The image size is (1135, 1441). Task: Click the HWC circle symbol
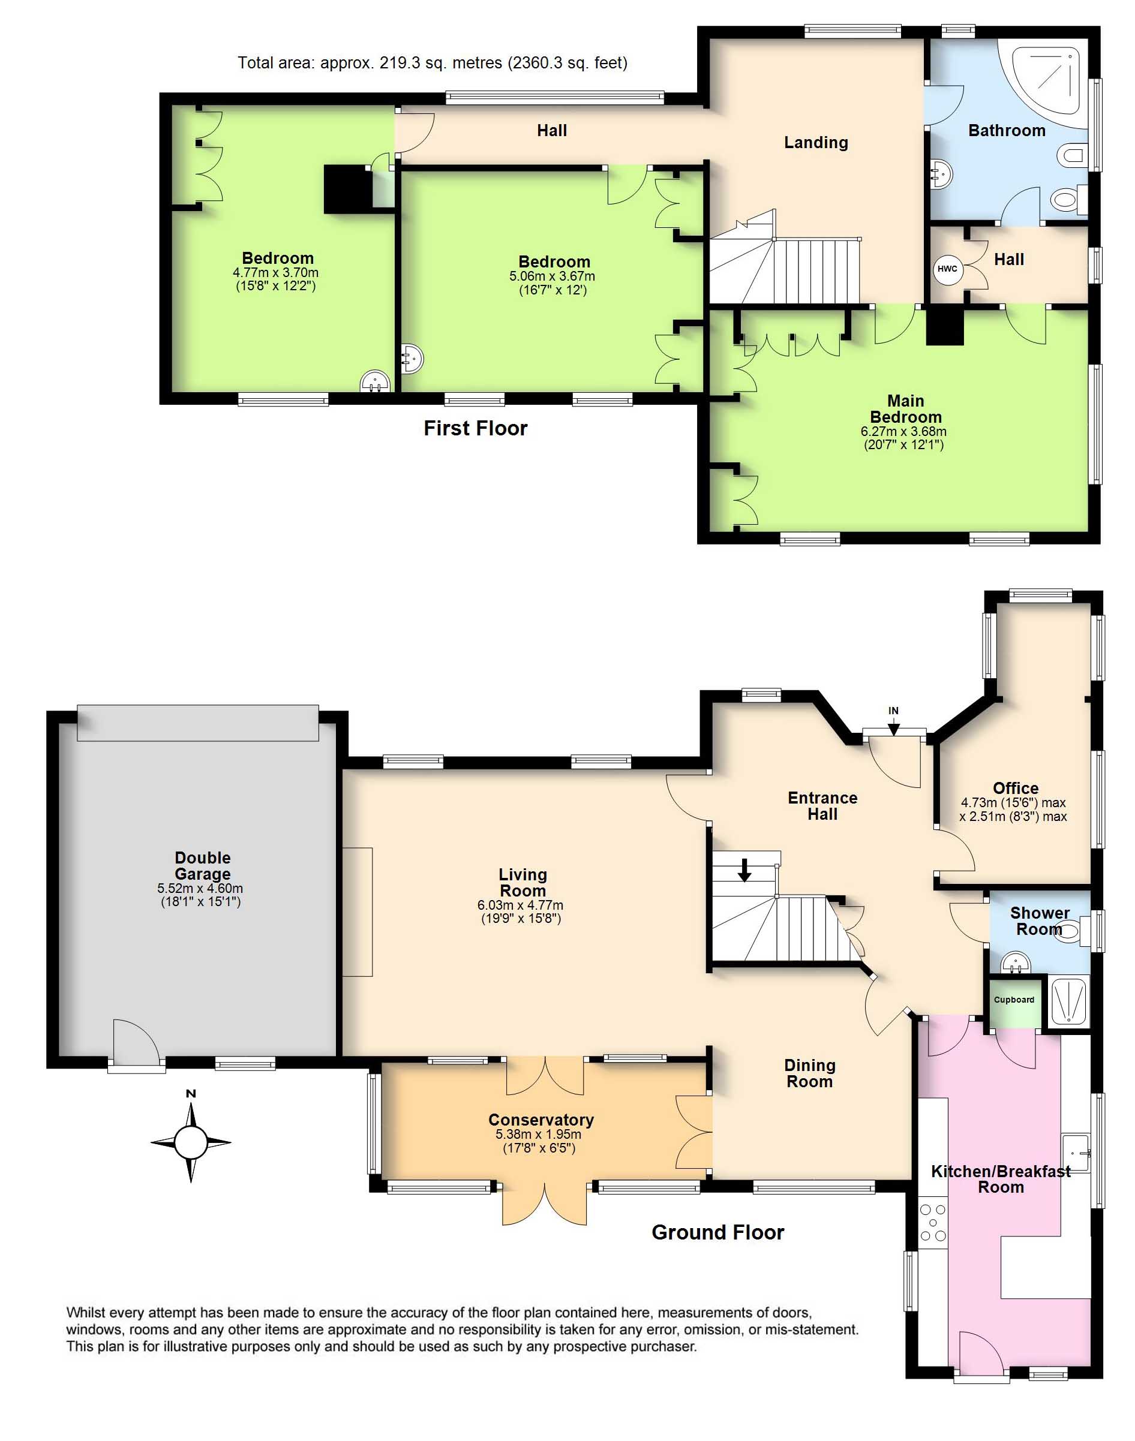948,269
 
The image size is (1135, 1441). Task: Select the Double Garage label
203,866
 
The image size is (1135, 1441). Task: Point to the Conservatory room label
541,1120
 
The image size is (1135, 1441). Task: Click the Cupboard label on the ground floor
1014,1000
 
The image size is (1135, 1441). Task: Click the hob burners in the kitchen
933,1223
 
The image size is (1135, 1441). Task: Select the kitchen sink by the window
1076,1152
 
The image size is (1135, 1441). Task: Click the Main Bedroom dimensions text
904,438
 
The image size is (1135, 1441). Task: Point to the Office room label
1016,788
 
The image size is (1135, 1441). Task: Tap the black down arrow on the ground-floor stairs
744,870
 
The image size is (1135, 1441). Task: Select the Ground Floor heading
717,1232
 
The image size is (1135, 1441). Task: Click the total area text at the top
433,62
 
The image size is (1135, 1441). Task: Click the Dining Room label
809,1073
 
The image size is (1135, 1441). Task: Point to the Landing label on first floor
816,142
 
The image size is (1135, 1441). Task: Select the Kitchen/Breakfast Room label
1001,1178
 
